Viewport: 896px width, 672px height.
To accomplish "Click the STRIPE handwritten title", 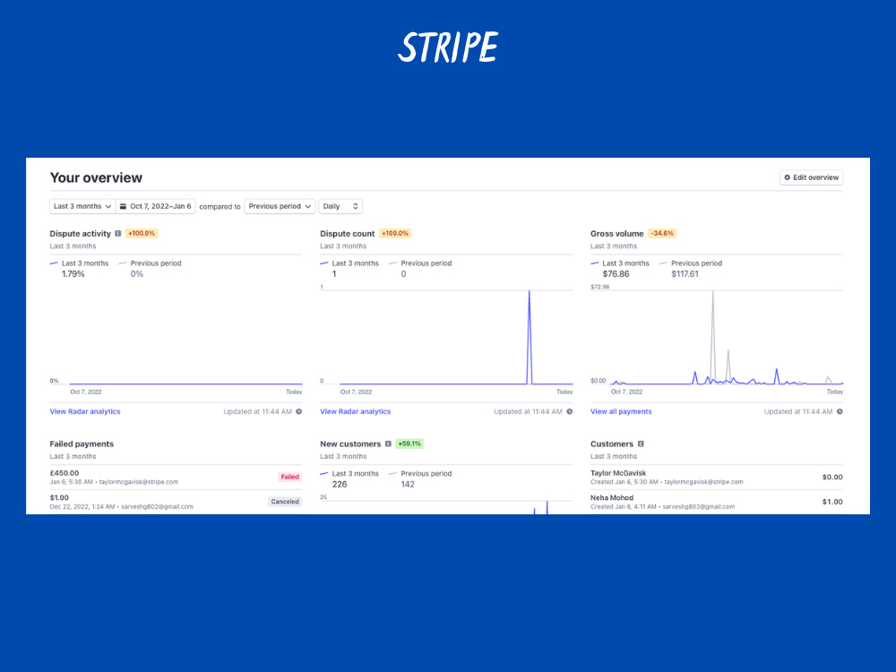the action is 448,47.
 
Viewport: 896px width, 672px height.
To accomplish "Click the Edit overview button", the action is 811,177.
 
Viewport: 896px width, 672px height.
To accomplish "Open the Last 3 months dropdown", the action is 82,206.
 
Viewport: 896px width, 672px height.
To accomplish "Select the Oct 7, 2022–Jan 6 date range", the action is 155,206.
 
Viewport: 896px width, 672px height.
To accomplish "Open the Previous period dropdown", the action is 280,206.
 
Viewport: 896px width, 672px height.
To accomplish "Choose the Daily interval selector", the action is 340,206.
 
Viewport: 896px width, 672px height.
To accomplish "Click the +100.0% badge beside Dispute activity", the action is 142,233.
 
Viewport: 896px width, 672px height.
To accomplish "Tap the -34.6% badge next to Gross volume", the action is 662,233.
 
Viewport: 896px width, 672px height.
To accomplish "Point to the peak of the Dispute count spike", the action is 530,291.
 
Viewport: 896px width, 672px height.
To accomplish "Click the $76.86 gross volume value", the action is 616,274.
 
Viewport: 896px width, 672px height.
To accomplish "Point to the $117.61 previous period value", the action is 685,274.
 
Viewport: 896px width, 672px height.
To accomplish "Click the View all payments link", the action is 621,411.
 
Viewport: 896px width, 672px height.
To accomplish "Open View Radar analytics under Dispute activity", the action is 85,411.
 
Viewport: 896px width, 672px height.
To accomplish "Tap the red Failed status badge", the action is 289,477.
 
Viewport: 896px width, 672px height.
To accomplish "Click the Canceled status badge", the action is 285,502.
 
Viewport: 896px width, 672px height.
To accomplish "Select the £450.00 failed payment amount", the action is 64,473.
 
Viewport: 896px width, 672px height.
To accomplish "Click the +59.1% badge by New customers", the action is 409,444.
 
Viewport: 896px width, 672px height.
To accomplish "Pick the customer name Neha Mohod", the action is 611,497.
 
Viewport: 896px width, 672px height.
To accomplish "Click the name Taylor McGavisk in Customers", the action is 617,473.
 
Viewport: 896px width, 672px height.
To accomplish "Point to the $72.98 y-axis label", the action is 599,287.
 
